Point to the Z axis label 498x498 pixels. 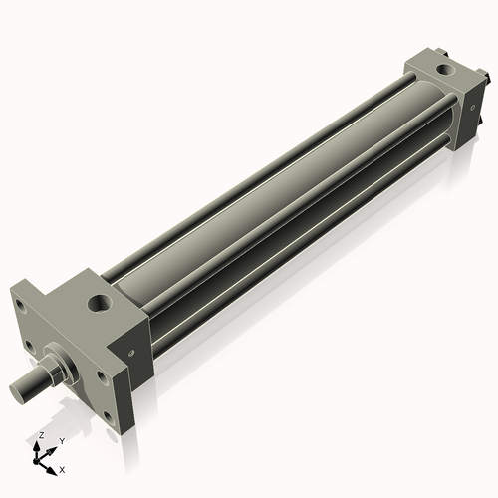(x=39, y=436)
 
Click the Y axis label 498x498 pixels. (x=62, y=440)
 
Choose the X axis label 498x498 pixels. (x=62, y=467)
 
